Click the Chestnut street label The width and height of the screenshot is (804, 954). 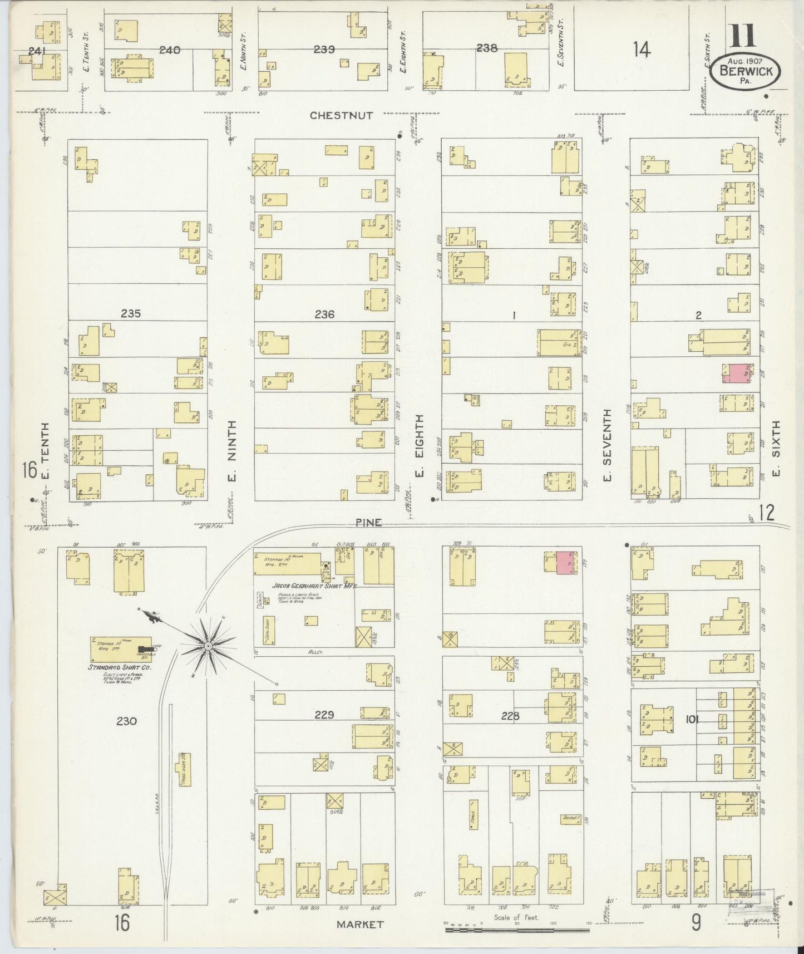[341, 115]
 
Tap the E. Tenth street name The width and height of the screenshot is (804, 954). [45, 451]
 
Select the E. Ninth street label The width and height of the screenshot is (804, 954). [232, 451]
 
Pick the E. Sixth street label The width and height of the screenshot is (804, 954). [776, 448]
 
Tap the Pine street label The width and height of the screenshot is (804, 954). [369, 523]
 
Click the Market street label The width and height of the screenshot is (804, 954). [359, 925]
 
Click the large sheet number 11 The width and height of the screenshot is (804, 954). [742, 37]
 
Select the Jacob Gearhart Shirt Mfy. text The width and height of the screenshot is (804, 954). [314, 586]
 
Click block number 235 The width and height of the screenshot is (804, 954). [130, 314]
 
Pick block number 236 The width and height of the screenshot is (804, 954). [324, 314]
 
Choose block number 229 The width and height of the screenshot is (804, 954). [324, 715]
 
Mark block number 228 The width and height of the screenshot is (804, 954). [510, 716]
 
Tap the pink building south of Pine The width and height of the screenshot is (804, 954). [566, 563]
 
